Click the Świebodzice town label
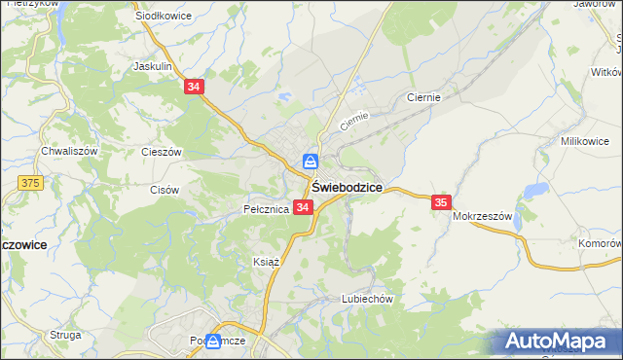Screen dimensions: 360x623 [346, 187]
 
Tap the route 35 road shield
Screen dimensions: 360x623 [441, 202]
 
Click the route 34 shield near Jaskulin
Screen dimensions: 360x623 [194, 88]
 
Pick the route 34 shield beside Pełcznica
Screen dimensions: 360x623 [303, 208]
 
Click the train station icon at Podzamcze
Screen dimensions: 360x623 [213, 341]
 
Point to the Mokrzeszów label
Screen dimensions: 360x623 [482, 217]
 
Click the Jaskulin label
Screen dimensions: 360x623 [153, 67]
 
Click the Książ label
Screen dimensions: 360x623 [267, 262]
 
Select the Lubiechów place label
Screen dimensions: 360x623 [366, 299]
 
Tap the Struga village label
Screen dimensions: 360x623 [65, 335]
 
